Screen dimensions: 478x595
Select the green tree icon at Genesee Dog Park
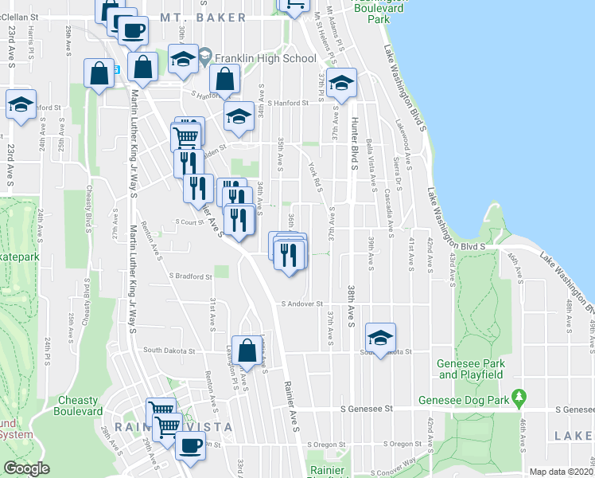click(519, 396)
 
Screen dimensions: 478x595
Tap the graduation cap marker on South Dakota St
click(381, 337)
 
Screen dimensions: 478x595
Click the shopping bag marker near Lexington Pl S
click(247, 348)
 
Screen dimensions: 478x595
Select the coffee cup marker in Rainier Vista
click(189, 445)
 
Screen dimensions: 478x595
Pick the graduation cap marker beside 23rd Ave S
click(21, 104)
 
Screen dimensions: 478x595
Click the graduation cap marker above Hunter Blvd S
click(341, 82)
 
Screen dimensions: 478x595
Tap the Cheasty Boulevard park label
click(78, 406)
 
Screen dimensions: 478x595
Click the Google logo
click(27, 468)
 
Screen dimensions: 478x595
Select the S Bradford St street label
click(190, 277)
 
